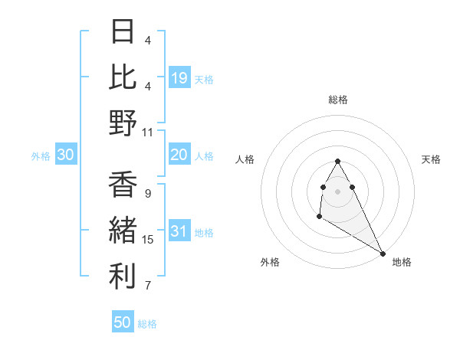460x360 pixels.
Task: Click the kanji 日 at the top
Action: click(123, 31)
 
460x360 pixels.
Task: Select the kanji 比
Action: click(123, 77)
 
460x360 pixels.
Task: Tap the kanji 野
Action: click(123, 123)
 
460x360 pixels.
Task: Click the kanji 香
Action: click(123, 185)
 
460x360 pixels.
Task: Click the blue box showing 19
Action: click(179, 77)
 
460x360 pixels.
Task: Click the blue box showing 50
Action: click(123, 322)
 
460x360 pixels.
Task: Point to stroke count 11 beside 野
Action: click(148, 132)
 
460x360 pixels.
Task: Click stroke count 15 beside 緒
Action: click(148, 240)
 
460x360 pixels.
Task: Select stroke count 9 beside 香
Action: click(148, 193)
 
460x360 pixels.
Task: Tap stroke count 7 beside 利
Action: click(148, 286)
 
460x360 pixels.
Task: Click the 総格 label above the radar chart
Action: click(338, 100)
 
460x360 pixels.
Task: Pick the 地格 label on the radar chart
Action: click(402, 262)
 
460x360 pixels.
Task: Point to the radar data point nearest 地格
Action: click(383, 253)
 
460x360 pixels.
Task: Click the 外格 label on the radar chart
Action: click(270, 262)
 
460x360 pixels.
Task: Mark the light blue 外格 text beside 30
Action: click(41, 156)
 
